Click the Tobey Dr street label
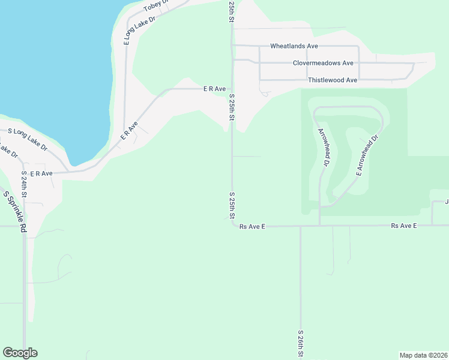(x=157, y=7)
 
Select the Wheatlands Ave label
(x=294, y=46)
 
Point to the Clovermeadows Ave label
(x=323, y=63)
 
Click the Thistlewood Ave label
(x=333, y=80)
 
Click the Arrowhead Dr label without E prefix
(x=323, y=146)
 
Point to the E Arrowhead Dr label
(x=368, y=155)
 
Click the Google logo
(x=20, y=353)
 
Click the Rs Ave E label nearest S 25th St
(x=252, y=227)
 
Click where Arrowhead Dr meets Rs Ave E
(x=319, y=226)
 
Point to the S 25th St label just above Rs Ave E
(x=232, y=205)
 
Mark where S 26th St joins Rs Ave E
(x=301, y=226)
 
